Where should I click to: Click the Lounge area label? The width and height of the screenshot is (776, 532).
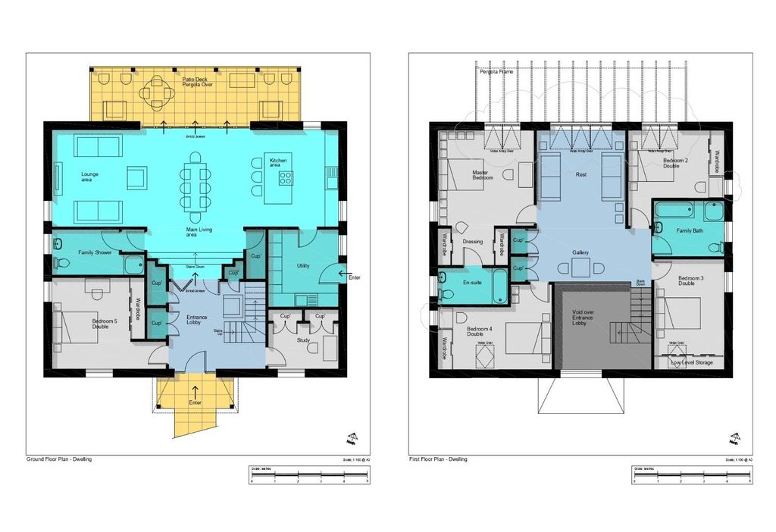click(x=90, y=177)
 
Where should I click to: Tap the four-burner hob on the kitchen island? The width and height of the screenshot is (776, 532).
click(x=286, y=179)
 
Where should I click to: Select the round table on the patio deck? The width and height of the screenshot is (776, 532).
click(x=158, y=94)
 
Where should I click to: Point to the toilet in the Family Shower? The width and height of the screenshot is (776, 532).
click(x=61, y=263)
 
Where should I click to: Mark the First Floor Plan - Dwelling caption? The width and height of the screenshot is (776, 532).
click(x=438, y=459)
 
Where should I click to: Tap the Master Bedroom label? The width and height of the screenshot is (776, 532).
click(x=480, y=175)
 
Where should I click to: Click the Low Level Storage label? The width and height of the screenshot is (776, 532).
click(x=692, y=362)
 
